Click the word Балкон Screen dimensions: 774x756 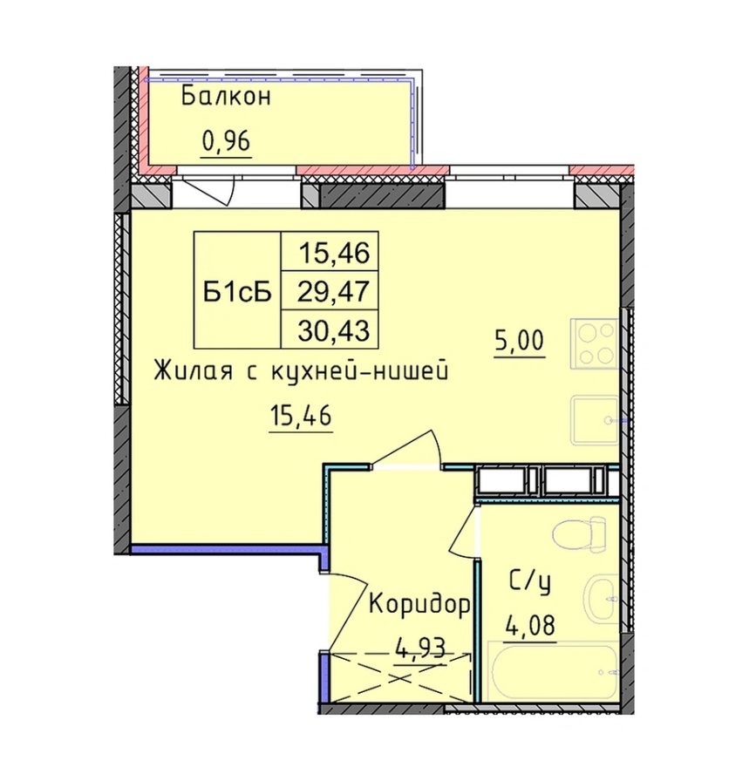tap(227, 97)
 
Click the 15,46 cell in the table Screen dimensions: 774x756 tap(335, 255)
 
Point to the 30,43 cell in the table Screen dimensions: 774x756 tap(335, 330)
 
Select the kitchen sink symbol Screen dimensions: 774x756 tap(595, 421)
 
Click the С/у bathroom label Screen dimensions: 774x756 tap(527, 581)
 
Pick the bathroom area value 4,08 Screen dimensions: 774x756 tap(530, 625)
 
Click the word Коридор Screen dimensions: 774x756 tap(421, 602)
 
